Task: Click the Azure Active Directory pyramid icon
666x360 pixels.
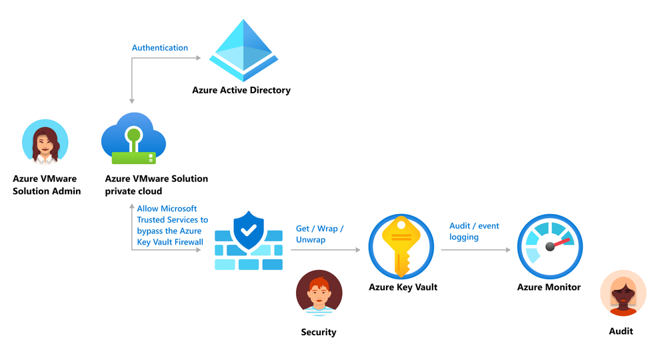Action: (x=243, y=50)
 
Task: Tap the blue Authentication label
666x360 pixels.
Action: (x=160, y=47)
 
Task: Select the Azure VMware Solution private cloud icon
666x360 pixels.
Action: (x=133, y=139)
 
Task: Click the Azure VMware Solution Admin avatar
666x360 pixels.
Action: (x=45, y=142)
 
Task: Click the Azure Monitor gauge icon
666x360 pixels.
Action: (x=549, y=247)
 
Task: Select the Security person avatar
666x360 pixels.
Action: (x=319, y=293)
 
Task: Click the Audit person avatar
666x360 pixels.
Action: (x=623, y=293)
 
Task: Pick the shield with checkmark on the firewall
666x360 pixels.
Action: (x=249, y=231)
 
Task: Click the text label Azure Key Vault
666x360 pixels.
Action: (x=403, y=287)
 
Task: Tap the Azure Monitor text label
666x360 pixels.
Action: (x=549, y=287)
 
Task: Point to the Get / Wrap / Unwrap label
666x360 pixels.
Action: (x=320, y=234)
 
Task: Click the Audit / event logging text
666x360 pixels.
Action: (x=474, y=231)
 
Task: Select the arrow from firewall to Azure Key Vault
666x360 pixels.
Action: (x=325, y=249)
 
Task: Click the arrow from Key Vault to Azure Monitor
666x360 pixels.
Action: (x=476, y=249)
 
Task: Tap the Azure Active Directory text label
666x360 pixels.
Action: (x=241, y=90)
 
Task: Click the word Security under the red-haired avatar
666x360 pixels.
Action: (x=319, y=332)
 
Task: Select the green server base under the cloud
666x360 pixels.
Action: (x=133, y=159)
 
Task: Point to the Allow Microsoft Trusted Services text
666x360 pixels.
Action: (x=173, y=225)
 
